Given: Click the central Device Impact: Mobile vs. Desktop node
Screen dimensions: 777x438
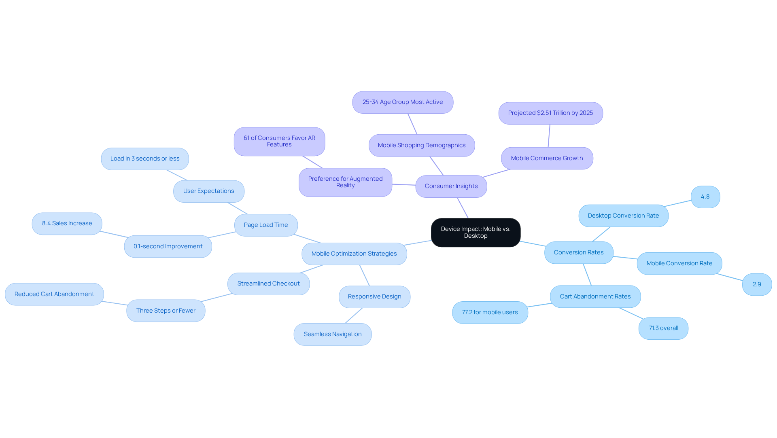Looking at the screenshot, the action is click(476, 233).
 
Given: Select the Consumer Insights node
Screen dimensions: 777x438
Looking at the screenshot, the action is click(451, 186).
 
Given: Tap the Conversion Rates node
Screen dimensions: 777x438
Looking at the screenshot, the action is click(578, 253).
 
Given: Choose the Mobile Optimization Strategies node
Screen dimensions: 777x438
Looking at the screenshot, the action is click(354, 254).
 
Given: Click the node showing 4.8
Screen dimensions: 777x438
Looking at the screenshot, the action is click(705, 197).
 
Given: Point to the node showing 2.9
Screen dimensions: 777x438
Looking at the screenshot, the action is click(756, 285).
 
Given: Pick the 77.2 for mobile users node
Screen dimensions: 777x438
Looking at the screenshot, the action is click(490, 313).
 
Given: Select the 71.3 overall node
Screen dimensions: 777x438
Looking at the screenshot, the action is click(663, 328).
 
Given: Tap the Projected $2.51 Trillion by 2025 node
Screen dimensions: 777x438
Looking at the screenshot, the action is click(550, 113).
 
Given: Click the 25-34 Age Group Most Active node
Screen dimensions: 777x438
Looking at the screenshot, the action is click(402, 102).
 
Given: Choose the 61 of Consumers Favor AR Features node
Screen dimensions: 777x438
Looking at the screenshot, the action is click(279, 142).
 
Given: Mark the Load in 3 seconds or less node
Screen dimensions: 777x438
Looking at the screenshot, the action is click(144, 159).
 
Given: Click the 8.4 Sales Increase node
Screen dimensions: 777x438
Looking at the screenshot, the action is click(67, 224).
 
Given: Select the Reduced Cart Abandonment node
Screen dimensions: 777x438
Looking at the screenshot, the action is click(54, 294).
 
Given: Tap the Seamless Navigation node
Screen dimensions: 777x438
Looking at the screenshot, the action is click(332, 334).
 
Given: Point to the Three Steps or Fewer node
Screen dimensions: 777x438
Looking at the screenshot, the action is click(166, 311).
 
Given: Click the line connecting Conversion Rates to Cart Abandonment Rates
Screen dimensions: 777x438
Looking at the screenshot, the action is click(587, 275).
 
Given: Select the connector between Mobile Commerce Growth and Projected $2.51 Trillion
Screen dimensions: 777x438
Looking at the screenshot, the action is click(549, 136).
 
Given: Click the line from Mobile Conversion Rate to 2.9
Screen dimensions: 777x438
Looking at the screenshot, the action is click(729, 277).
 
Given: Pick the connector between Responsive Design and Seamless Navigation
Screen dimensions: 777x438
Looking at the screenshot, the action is click(354, 316).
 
